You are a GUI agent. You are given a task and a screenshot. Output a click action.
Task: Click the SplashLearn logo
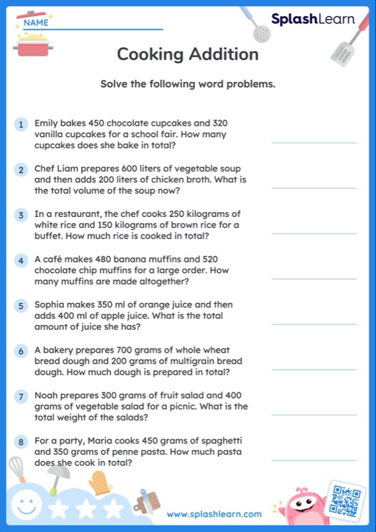(313, 19)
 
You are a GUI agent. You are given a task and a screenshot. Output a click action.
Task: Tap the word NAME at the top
(36, 22)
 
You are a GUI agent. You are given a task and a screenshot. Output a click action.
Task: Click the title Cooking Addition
(188, 54)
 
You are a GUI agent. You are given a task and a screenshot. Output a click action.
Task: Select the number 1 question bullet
(22, 124)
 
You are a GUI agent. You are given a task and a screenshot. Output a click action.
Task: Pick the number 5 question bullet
(22, 306)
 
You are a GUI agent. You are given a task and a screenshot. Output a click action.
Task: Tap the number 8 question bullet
(22, 441)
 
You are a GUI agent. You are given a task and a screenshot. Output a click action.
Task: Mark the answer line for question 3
(313, 233)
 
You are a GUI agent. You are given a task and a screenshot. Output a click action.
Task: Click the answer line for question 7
(313, 414)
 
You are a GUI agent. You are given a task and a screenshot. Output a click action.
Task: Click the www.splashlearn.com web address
(215, 514)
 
